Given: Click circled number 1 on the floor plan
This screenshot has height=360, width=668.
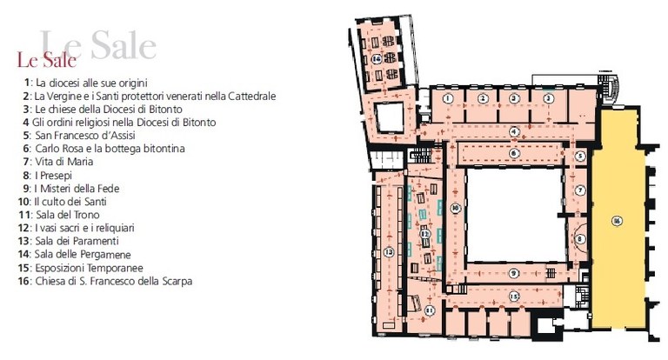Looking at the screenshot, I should pyautogui.click(x=446, y=100).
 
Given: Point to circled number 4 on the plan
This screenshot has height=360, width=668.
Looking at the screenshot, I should pyautogui.click(x=515, y=132).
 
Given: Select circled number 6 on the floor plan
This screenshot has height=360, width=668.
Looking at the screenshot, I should pyautogui.click(x=515, y=153).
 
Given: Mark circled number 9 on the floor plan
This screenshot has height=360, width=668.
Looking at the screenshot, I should pyautogui.click(x=515, y=273).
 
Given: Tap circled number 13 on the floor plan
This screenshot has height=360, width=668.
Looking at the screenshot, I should pyautogui.click(x=388, y=251).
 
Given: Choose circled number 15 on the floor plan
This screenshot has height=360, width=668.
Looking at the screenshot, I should pyautogui.click(x=515, y=297).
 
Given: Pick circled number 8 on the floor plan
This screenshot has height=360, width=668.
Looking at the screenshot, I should pyautogui.click(x=580, y=237).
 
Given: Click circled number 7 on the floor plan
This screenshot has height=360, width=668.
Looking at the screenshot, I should pyautogui.click(x=580, y=189).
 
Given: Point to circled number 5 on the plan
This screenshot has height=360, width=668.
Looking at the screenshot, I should pyautogui.click(x=580, y=157).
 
